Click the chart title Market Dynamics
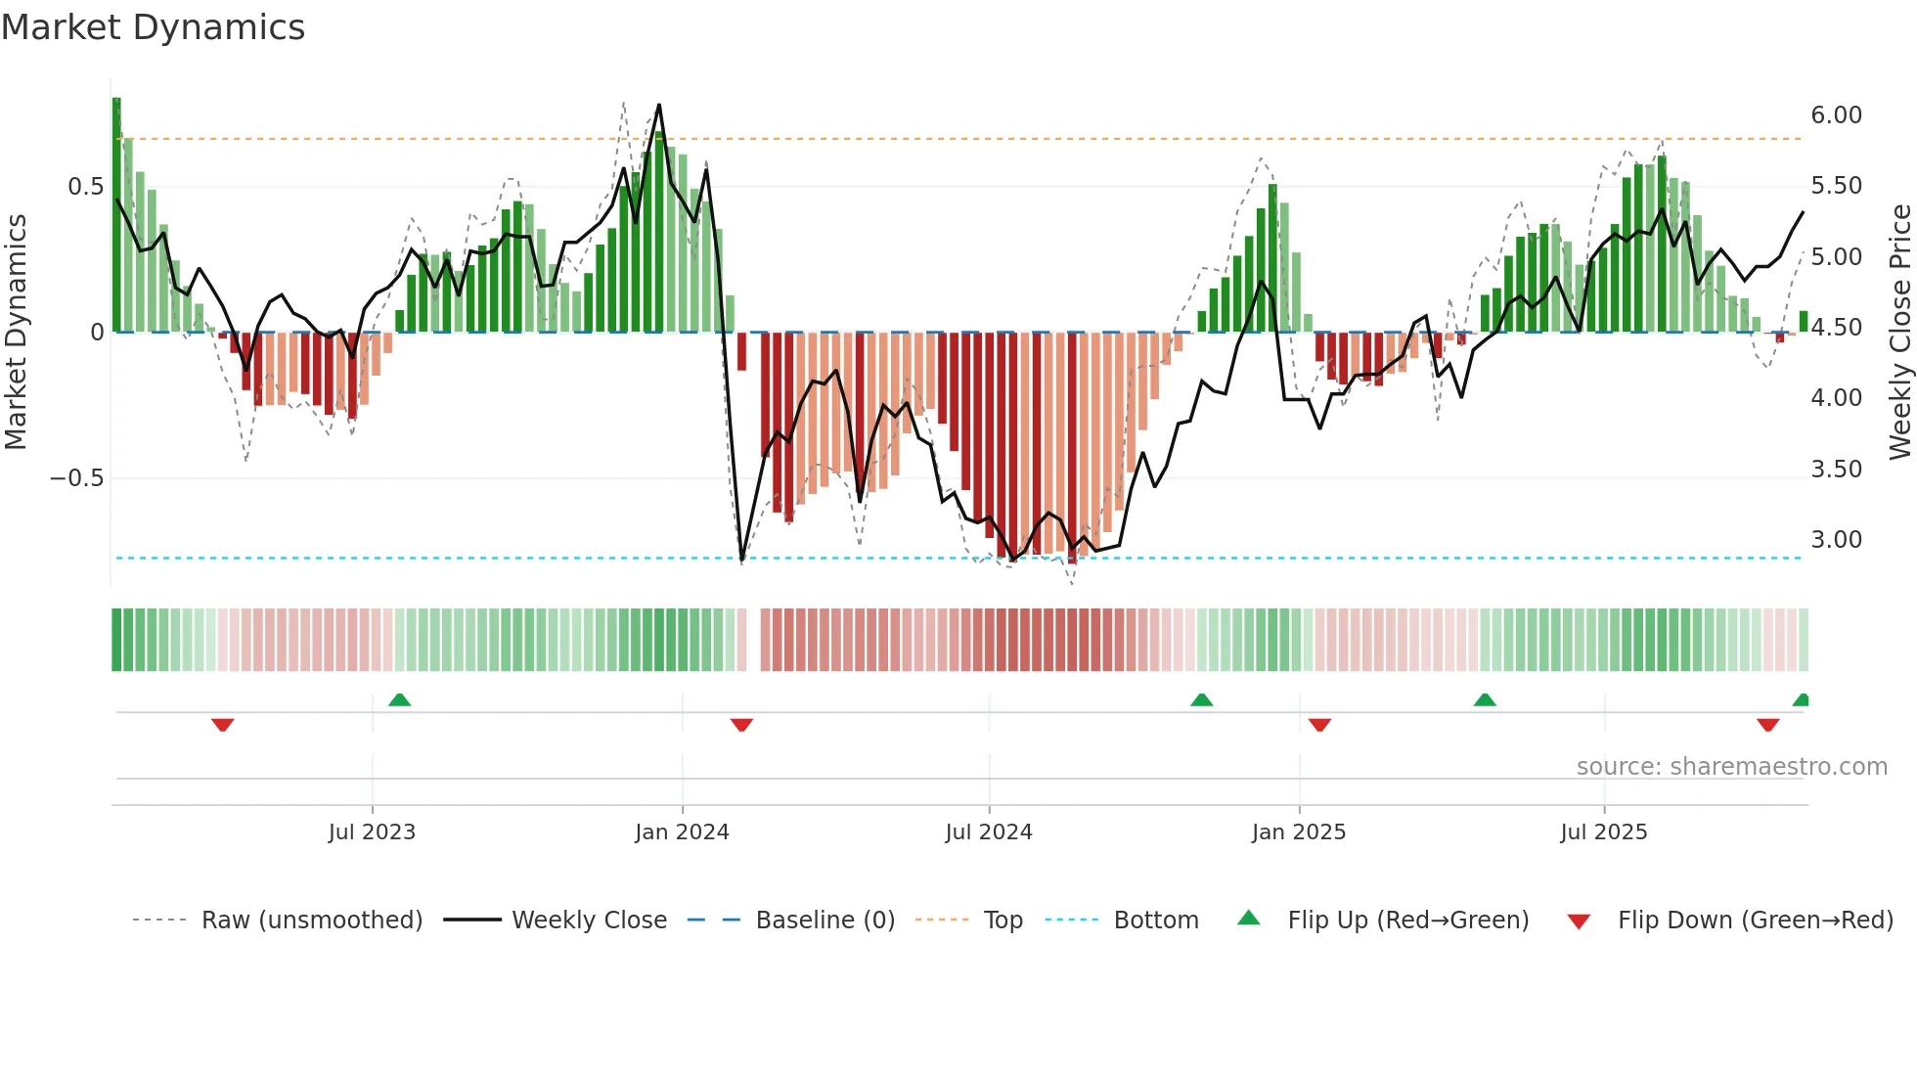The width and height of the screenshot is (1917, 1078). pyautogui.click(x=154, y=27)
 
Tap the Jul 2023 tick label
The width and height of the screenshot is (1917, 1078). pyautogui.click(x=372, y=832)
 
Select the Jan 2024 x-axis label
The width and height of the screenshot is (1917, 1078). pyautogui.click(x=682, y=832)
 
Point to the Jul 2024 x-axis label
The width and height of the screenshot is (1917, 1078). pyautogui.click(x=989, y=832)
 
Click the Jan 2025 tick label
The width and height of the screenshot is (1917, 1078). pyautogui.click(x=1299, y=832)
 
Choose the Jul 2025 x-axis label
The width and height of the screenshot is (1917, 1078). pyautogui.click(x=1604, y=832)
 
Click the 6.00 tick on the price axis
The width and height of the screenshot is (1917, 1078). pyautogui.click(x=1836, y=115)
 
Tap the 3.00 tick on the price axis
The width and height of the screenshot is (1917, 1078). pyautogui.click(x=1836, y=540)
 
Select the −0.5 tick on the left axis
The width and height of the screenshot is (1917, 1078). pyautogui.click(x=76, y=478)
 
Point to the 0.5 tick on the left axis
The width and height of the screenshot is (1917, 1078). pyautogui.click(x=85, y=187)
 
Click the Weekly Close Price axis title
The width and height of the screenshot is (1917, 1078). pyautogui.click(x=1899, y=332)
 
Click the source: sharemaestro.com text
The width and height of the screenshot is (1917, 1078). pyautogui.click(x=1731, y=767)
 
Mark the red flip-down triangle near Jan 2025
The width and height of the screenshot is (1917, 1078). pyautogui.click(x=1319, y=725)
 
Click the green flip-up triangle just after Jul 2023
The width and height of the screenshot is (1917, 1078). pyautogui.click(x=399, y=699)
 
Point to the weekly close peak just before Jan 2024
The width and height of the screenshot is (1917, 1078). pyautogui.click(x=658, y=105)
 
